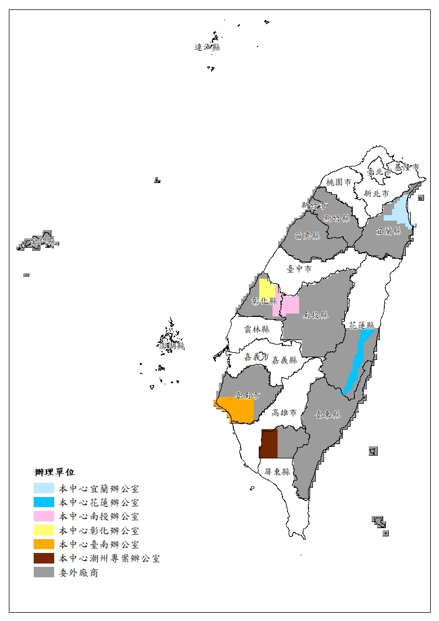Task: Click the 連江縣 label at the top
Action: (207, 48)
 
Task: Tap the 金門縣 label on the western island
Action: (43, 242)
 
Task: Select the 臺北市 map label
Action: (380, 172)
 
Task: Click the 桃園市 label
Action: (338, 182)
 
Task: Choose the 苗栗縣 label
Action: (308, 236)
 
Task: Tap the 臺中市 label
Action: (299, 269)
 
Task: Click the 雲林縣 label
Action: (257, 328)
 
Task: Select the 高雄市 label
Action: (285, 413)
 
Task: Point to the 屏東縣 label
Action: (276, 472)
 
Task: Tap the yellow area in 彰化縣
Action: (267, 288)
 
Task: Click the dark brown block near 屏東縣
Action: (269, 443)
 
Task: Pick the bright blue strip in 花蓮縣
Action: (358, 359)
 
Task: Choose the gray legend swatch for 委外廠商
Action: (44, 572)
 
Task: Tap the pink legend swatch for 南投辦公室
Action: (44, 516)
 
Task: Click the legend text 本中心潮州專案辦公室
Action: (109, 559)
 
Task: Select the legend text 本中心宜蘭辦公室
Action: (99, 488)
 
